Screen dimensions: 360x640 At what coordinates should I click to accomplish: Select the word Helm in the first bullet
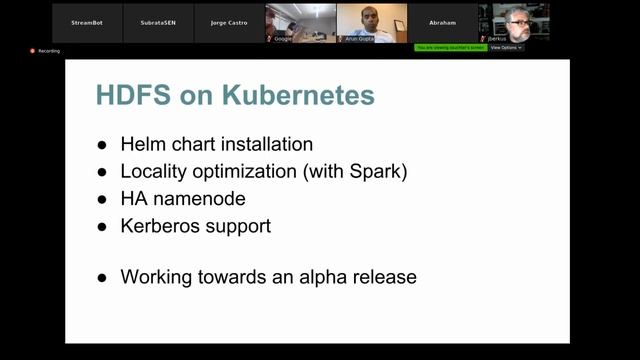tap(142, 144)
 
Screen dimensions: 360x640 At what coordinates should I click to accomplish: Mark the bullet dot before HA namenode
tap(102, 199)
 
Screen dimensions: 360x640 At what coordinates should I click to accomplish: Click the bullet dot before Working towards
tap(102, 277)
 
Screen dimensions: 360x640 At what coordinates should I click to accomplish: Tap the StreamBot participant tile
tap(88, 22)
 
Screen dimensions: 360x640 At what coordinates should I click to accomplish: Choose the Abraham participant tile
tap(443, 22)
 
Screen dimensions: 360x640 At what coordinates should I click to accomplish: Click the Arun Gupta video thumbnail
tap(372, 22)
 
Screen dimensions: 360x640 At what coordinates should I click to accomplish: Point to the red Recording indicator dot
tap(33, 50)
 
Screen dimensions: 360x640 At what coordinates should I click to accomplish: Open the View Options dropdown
tap(506, 47)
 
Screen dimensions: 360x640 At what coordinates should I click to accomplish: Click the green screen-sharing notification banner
tap(450, 47)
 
